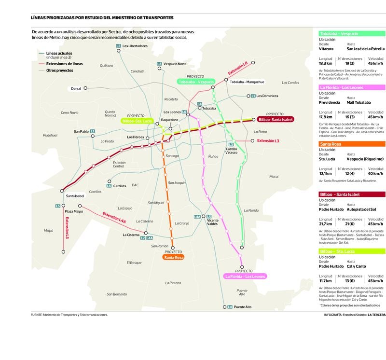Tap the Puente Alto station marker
(x=225, y=307)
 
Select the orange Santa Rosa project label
(x=174, y=258)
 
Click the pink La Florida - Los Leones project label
(x=245, y=277)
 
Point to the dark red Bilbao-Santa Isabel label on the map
(x=276, y=119)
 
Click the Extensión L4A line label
(x=114, y=218)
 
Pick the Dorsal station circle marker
(x=85, y=88)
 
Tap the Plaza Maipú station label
(x=74, y=211)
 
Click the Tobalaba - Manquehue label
(x=247, y=82)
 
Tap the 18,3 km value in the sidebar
(x=326, y=63)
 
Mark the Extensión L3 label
(x=268, y=140)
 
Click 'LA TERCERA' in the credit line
(x=376, y=315)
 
